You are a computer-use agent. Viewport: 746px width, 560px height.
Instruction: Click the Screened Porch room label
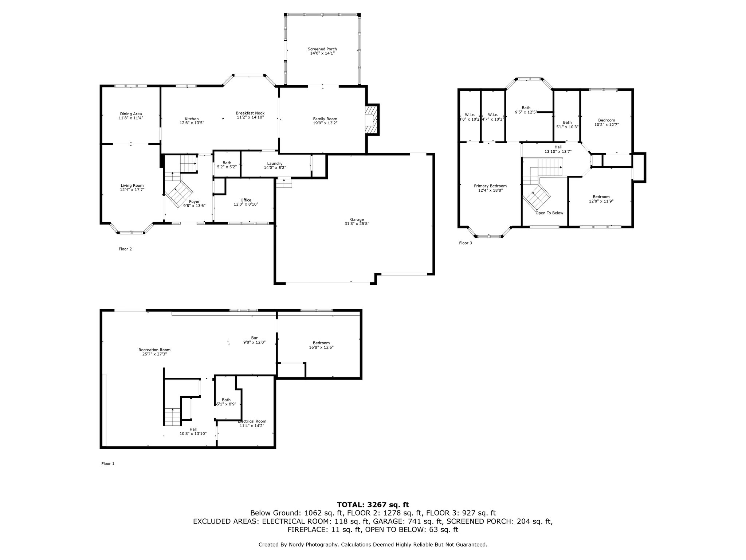point(322,49)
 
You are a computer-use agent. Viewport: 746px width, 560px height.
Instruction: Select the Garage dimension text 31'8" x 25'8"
point(357,224)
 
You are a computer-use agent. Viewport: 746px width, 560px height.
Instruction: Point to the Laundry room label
point(275,163)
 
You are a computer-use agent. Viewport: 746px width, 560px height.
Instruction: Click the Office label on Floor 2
point(246,200)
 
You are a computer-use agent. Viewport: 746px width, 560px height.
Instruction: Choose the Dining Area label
point(131,114)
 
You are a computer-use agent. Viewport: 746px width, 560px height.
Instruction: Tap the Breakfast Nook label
point(250,113)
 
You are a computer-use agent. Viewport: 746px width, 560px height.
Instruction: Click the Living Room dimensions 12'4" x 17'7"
point(132,190)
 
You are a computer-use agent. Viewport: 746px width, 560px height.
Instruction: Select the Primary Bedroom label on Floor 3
point(490,186)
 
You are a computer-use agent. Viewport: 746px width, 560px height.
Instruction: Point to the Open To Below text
point(549,213)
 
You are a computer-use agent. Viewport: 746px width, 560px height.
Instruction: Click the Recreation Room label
point(154,350)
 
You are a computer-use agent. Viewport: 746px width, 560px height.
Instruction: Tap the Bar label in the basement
point(254,338)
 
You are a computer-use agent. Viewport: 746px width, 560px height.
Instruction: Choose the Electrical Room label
point(252,421)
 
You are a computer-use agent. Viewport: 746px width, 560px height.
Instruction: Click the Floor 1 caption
point(108,464)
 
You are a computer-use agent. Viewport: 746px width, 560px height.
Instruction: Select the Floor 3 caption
point(466,243)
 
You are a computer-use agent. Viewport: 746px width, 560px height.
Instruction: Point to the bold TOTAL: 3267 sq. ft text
point(373,505)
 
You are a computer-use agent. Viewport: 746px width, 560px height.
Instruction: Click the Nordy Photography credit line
point(373,545)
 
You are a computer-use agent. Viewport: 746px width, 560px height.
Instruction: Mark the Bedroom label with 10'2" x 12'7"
point(606,120)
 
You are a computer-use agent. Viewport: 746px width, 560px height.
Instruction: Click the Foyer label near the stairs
point(194,202)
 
